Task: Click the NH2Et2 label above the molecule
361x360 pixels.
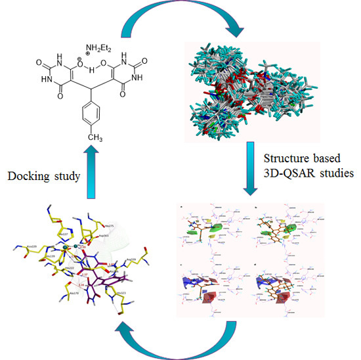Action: (x=100, y=47)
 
